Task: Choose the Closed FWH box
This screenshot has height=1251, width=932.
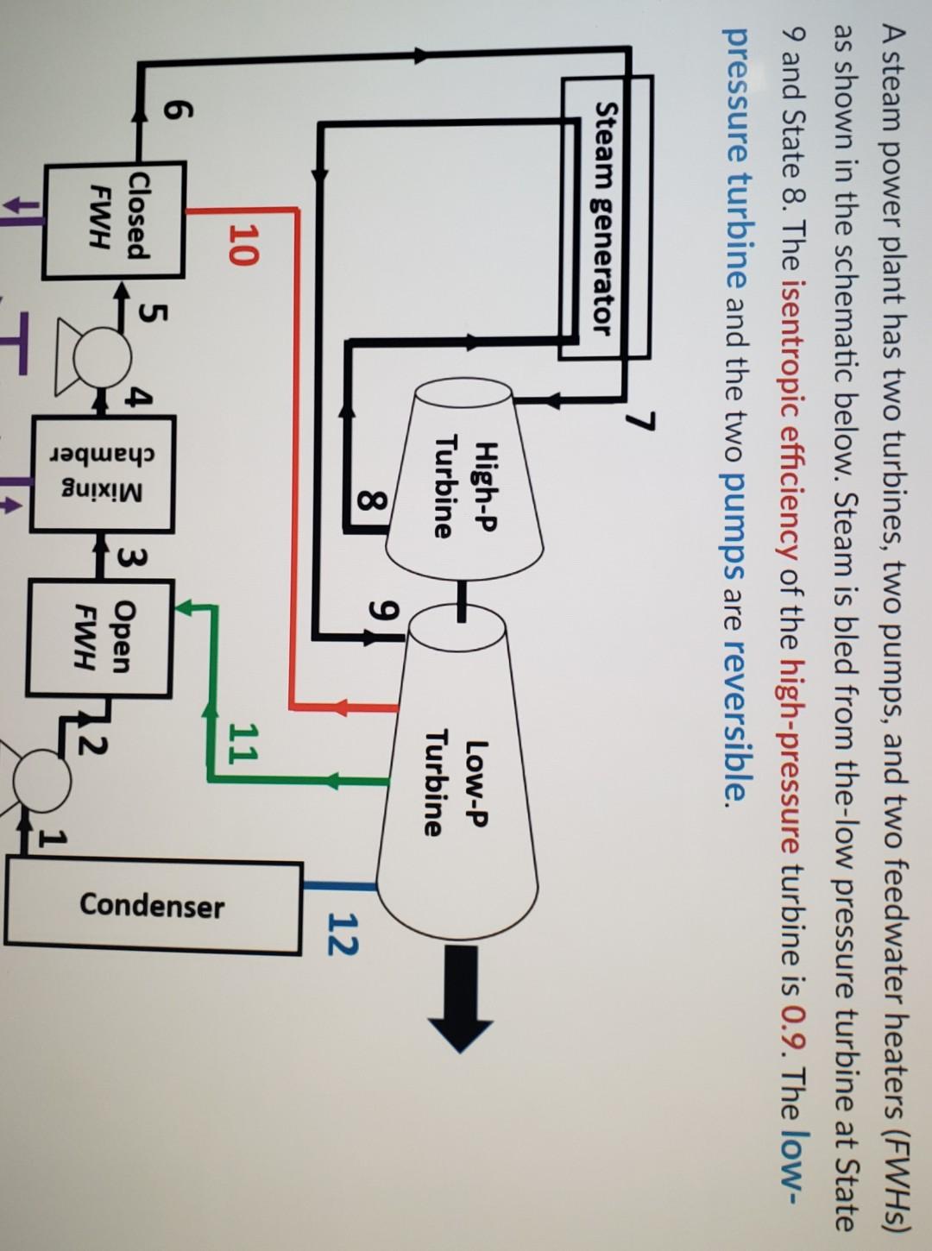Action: (x=114, y=220)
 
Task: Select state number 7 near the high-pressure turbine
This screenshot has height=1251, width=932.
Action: (x=639, y=422)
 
